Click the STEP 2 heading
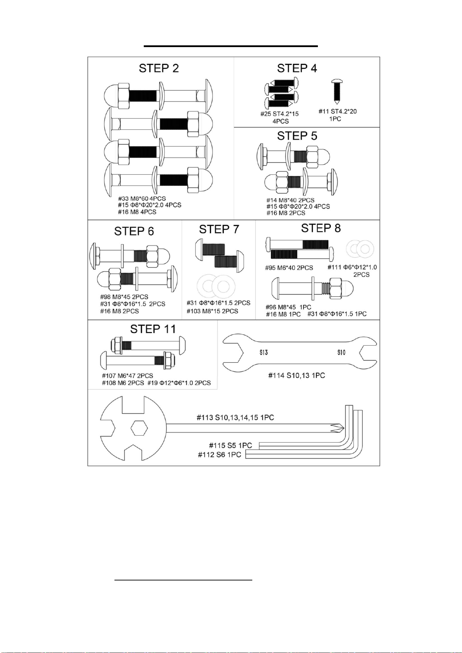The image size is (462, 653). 159,68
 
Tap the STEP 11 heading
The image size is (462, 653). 153,329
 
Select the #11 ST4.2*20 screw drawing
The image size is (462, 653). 337,91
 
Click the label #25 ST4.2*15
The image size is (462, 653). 280,114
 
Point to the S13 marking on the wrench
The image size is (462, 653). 264,352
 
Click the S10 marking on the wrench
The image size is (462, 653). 341,352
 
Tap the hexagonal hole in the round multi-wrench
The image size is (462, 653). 139,428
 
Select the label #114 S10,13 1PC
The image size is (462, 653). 297,375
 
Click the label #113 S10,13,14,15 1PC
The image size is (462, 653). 235,418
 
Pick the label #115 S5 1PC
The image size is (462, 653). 230,445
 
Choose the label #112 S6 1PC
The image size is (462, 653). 219,455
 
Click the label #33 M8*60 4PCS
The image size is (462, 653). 142,198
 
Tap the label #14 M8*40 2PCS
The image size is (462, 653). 290,200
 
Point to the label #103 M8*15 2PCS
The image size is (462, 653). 213,311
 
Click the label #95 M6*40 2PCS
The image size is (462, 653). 289,268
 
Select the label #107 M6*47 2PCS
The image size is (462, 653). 127,376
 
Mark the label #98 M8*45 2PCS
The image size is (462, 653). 124,297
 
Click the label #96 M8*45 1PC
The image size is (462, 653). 289,307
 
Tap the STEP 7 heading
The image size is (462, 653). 219,229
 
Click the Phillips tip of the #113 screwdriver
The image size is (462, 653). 343,428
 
